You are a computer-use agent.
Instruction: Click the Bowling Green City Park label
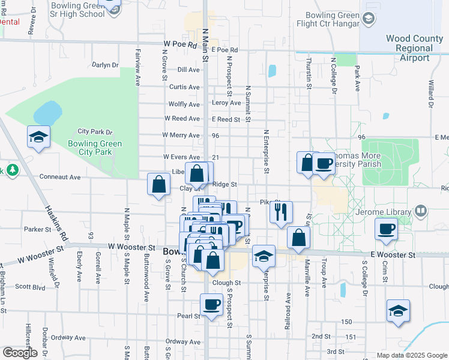click(x=95, y=148)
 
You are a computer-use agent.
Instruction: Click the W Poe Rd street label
click(x=180, y=44)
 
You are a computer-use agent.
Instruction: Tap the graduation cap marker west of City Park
click(x=38, y=137)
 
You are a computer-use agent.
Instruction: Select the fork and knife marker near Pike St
click(x=280, y=211)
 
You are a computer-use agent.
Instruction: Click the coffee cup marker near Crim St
click(x=386, y=229)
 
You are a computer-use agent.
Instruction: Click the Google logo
click(x=20, y=353)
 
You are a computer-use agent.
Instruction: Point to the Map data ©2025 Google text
click(x=411, y=355)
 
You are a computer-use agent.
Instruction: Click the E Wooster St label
click(x=393, y=255)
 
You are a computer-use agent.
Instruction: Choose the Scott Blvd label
click(x=30, y=287)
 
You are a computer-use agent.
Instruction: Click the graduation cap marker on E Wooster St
click(x=264, y=256)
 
